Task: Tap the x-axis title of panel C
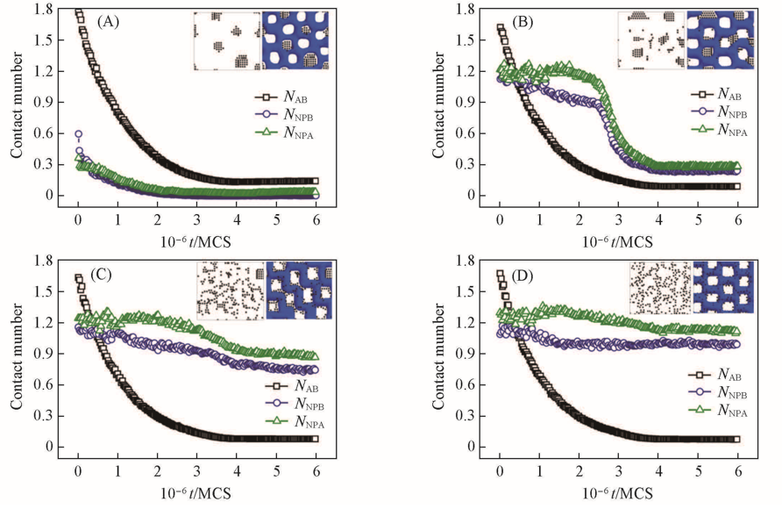tap(197, 492)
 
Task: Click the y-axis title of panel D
tap(438, 355)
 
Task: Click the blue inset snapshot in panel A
tap(296, 40)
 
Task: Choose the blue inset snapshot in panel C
tap(299, 290)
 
